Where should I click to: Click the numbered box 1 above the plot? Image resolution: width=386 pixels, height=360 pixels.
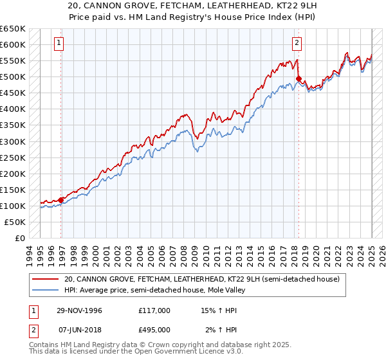tap(59, 44)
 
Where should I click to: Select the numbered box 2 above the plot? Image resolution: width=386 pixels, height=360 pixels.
tap(297, 44)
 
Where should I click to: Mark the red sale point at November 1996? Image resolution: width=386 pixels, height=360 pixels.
tap(61, 200)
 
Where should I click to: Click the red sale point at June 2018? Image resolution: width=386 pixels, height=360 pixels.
tap(299, 79)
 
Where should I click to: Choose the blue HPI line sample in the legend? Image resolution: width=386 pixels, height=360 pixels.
tap(46, 291)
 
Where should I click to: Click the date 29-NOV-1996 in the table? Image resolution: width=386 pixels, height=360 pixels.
tap(78, 310)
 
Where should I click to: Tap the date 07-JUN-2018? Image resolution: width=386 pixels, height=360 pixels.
tap(78, 331)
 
